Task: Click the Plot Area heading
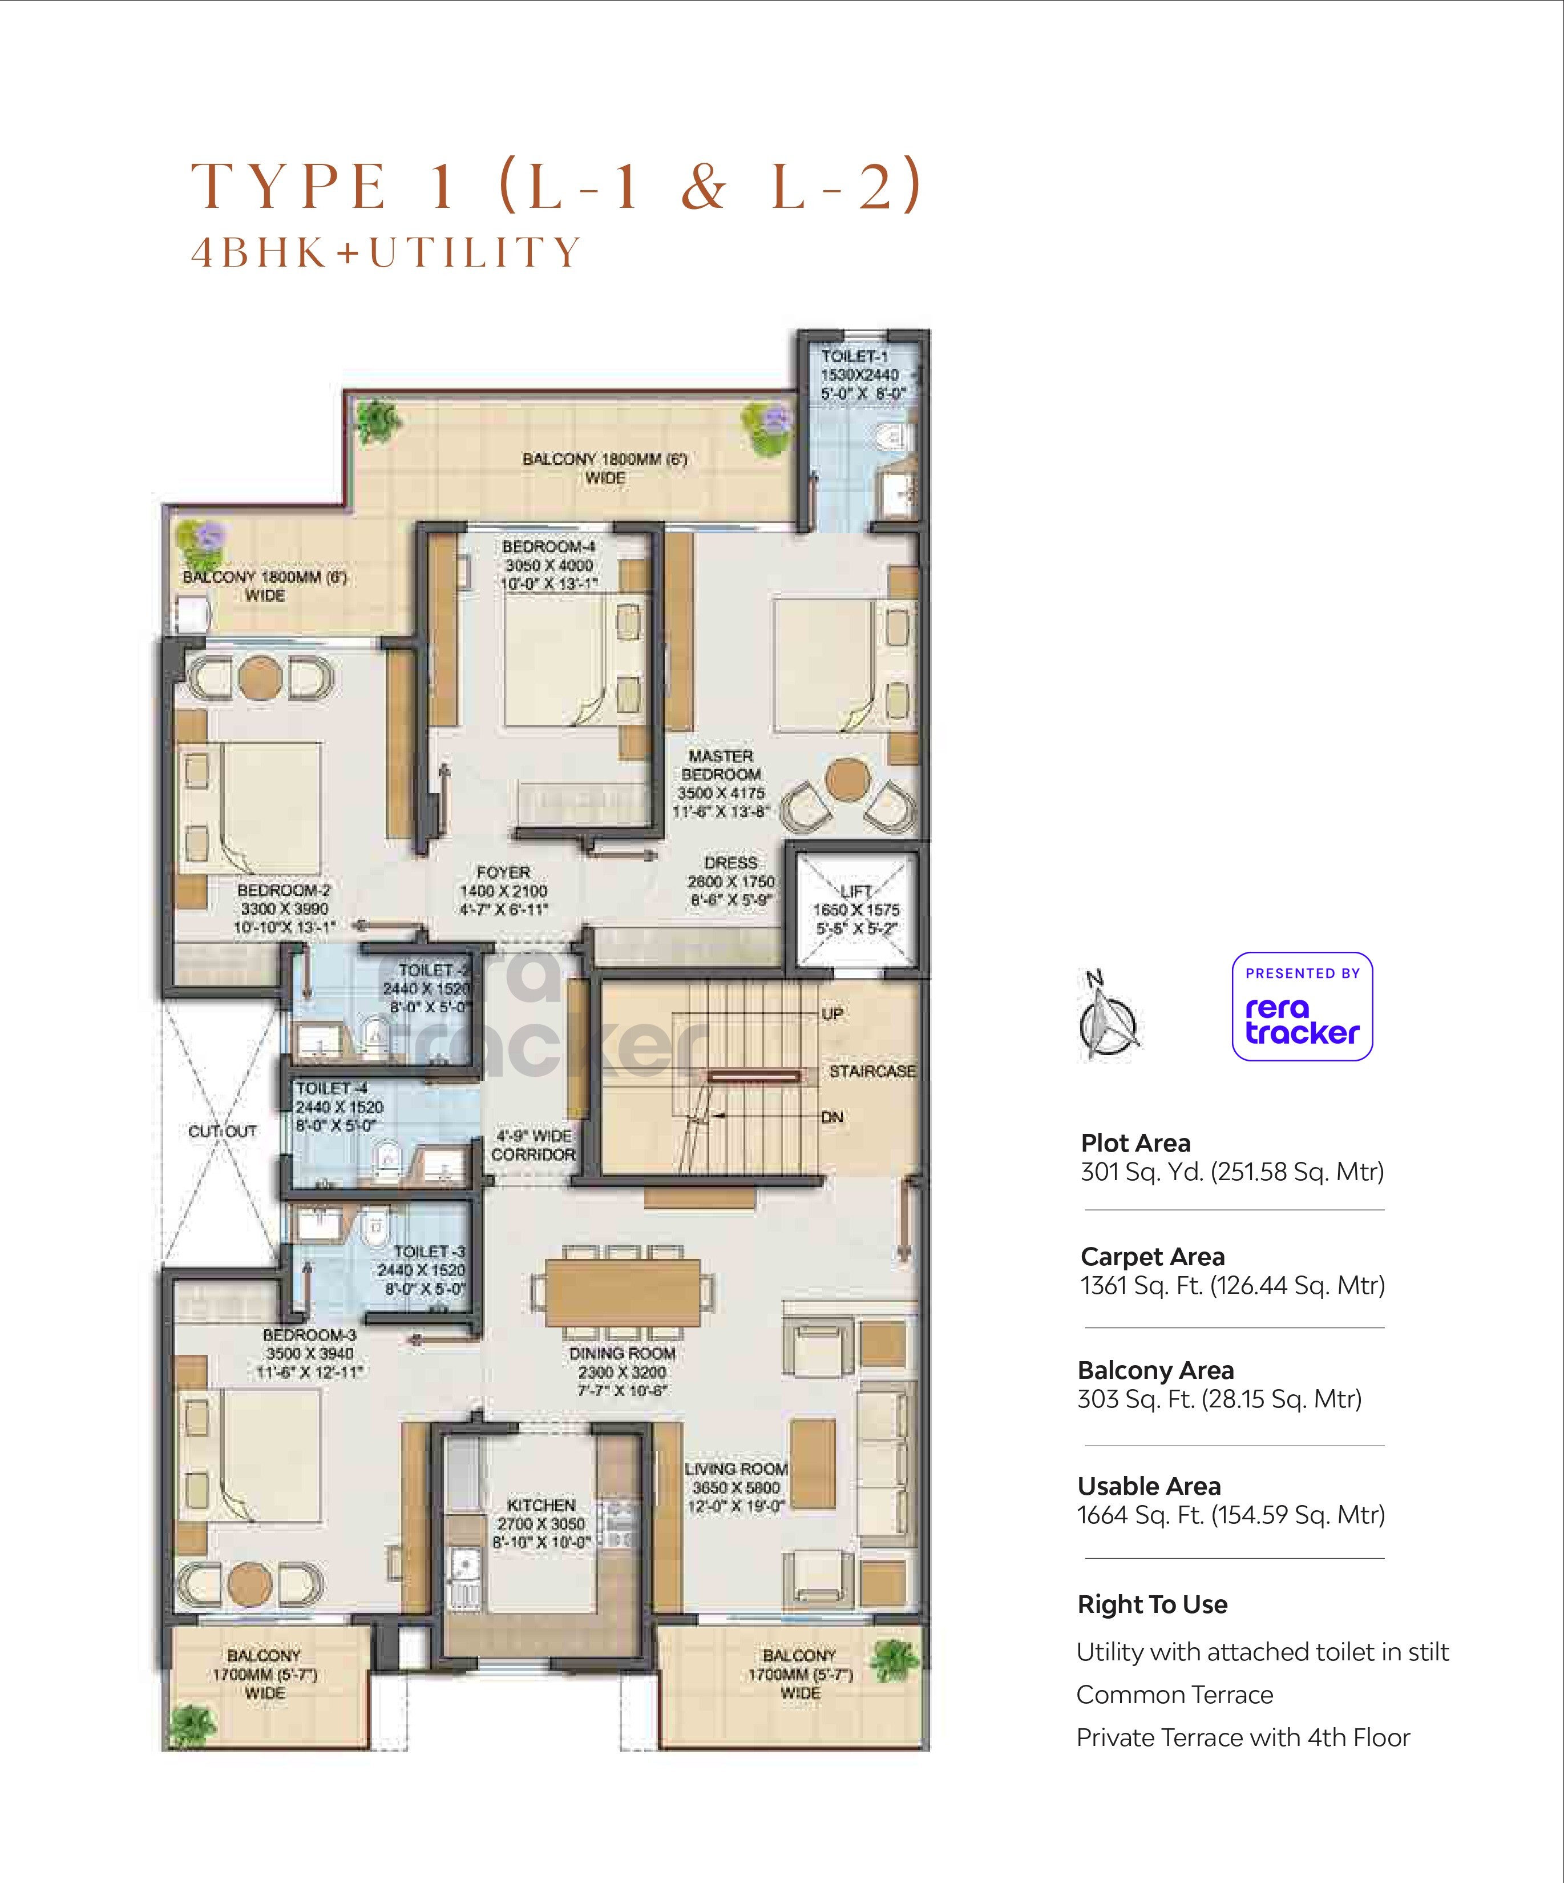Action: [x=1135, y=1142]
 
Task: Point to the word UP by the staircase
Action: [x=832, y=1013]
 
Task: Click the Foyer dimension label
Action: [x=503, y=890]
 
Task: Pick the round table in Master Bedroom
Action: [x=846, y=779]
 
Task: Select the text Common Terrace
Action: [x=1174, y=1694]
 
